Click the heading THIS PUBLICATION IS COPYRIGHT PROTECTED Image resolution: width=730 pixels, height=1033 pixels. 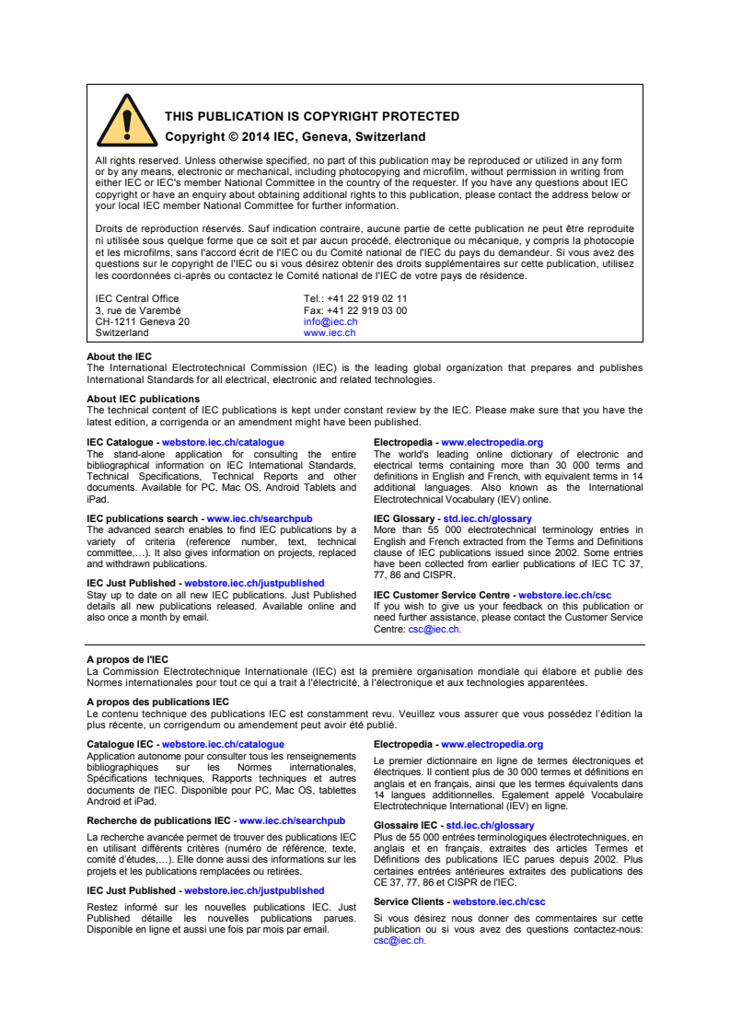311,117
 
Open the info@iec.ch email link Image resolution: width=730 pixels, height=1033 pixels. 330,322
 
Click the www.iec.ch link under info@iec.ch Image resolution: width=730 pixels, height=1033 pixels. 329,333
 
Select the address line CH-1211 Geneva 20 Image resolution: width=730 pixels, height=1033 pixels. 142,322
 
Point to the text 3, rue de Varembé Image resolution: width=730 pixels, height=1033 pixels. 138,310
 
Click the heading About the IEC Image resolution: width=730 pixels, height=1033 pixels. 119,356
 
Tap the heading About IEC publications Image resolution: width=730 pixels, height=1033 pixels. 143,399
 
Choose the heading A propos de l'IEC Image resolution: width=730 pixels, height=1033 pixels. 127,659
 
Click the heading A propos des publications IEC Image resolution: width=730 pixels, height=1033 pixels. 157,702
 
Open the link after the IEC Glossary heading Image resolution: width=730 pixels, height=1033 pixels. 488,518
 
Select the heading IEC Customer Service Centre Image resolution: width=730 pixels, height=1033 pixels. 444,596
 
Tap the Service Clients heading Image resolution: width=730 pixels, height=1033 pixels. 410,902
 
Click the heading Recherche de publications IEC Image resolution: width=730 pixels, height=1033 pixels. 158,820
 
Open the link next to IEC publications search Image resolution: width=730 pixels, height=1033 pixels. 259,518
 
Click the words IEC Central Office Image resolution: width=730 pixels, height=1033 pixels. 137,298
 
